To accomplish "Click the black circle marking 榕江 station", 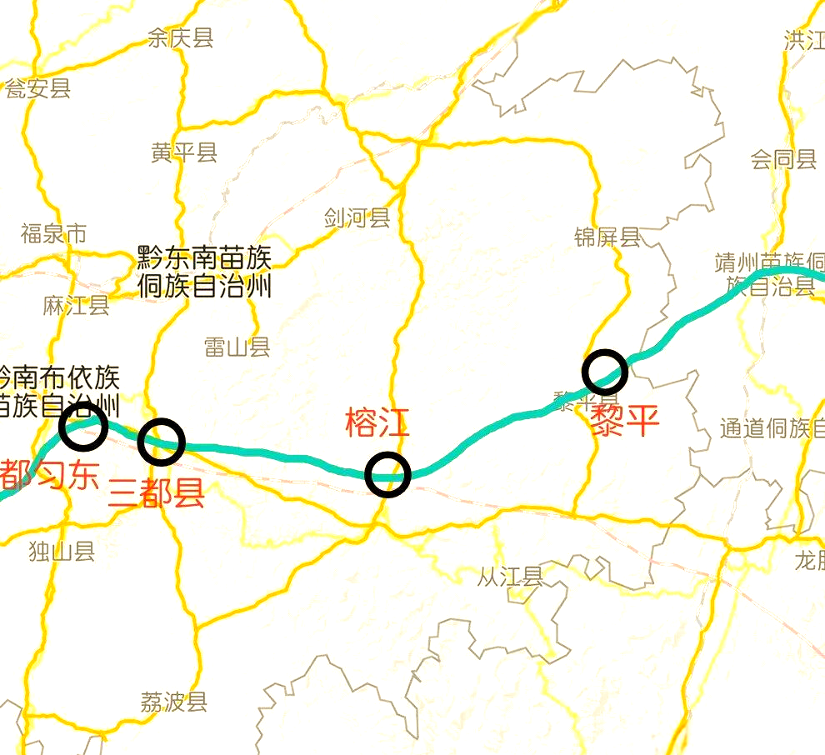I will tap(387, 474).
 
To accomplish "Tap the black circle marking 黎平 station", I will tap(605, 372).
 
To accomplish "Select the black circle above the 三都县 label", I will tap(161, 441).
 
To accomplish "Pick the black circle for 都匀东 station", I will tap(83, 426).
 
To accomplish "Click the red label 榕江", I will tap(377, 423).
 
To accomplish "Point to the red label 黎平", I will tap(624, 422).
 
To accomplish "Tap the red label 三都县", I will tap(157, 494).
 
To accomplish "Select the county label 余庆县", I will tap(180, 37).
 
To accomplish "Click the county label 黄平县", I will tap(184, 152).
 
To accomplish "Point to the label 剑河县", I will tap(357, 218).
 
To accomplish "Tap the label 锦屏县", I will tap(607, 237).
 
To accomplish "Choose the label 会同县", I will tap(783, 159).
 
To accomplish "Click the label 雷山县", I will tap(237, 347).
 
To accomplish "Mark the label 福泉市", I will tap(53, 233).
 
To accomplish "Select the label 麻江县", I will tap(76, 305).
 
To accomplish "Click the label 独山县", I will tap(62, 551).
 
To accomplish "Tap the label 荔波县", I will tap(173, 702).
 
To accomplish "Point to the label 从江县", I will tap(510, 576).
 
